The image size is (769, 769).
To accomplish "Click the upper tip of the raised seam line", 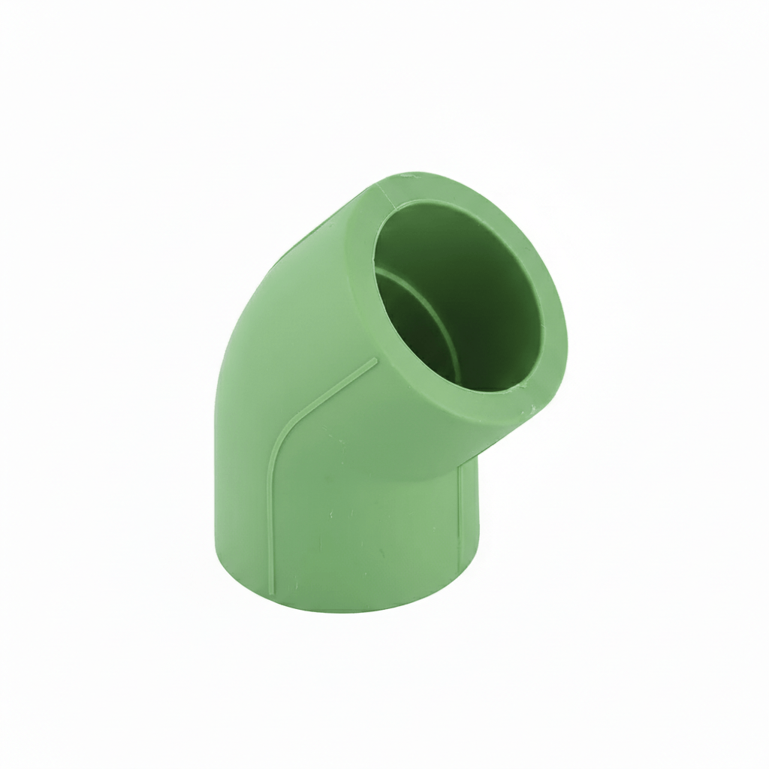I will (375, 360).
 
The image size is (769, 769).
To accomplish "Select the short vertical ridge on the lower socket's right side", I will (460, 518).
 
